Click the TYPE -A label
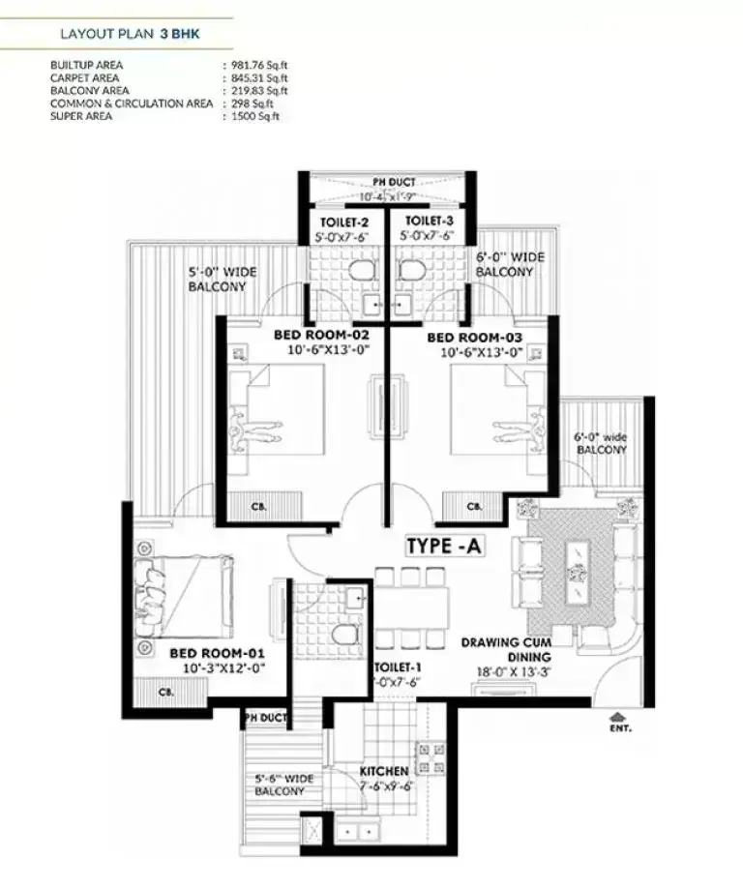click(x=445, y=547)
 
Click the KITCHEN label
click(x=383, y=771)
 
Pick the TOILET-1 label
click(x=399, y=667)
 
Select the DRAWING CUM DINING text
click(x=507, y=648)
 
